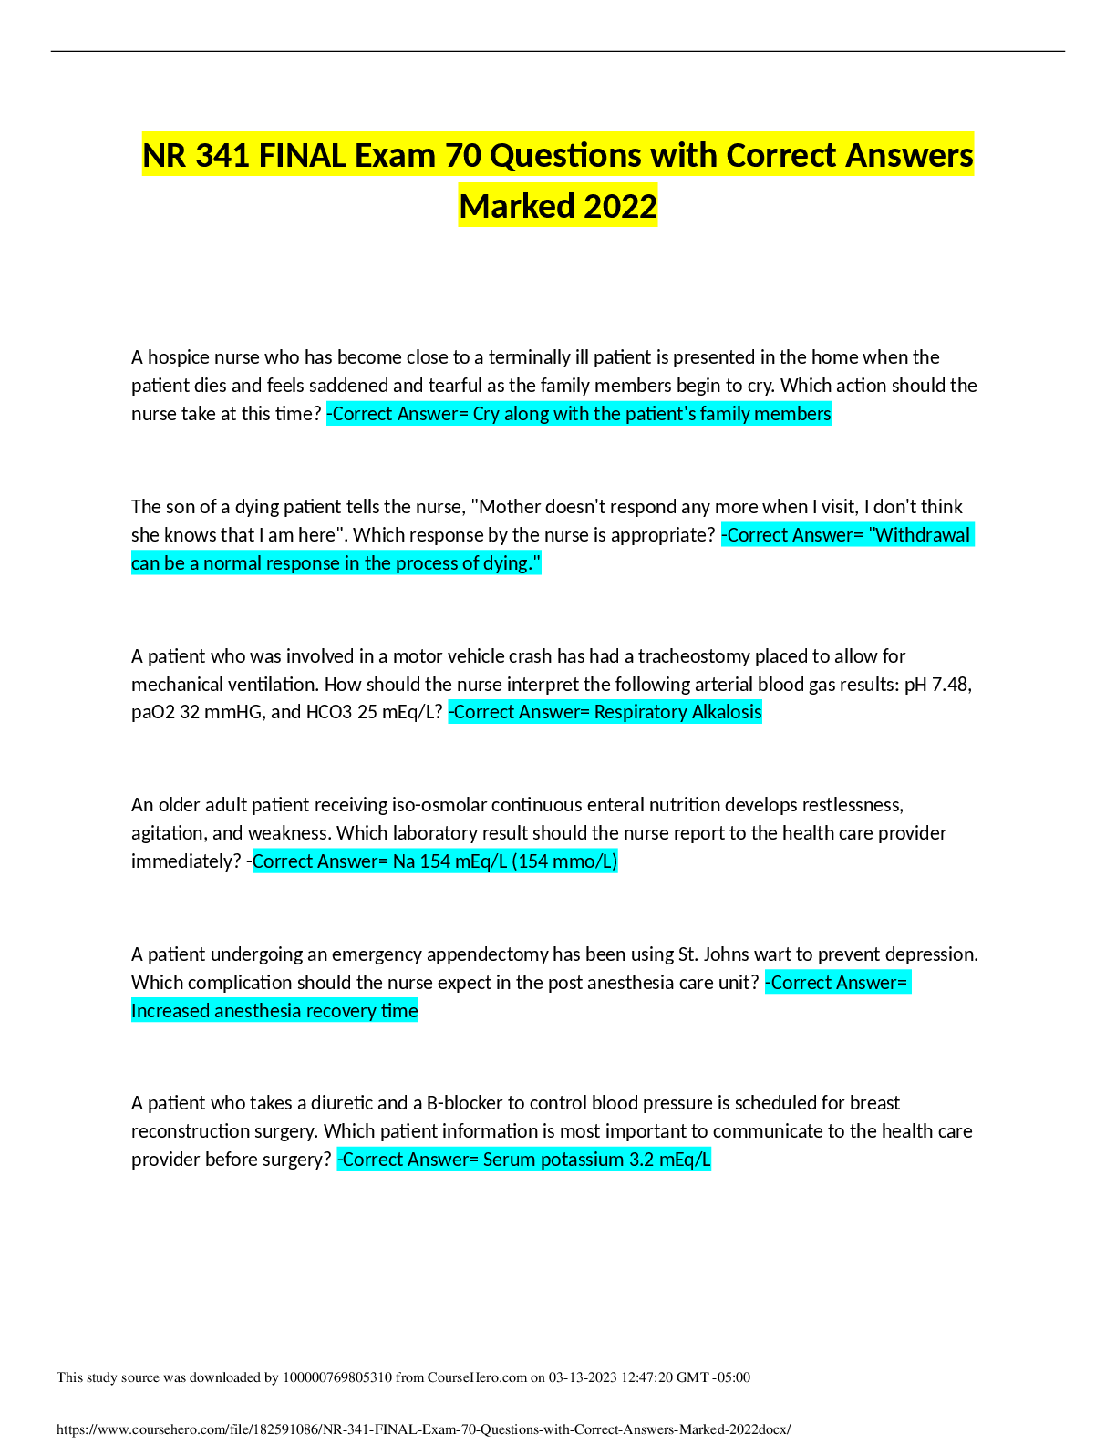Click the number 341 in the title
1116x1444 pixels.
point(223,156)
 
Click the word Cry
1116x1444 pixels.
point(486,414)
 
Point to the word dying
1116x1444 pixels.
point(511,563)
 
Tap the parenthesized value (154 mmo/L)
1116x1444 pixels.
point(565,861)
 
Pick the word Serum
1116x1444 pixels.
point(507,1160)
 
